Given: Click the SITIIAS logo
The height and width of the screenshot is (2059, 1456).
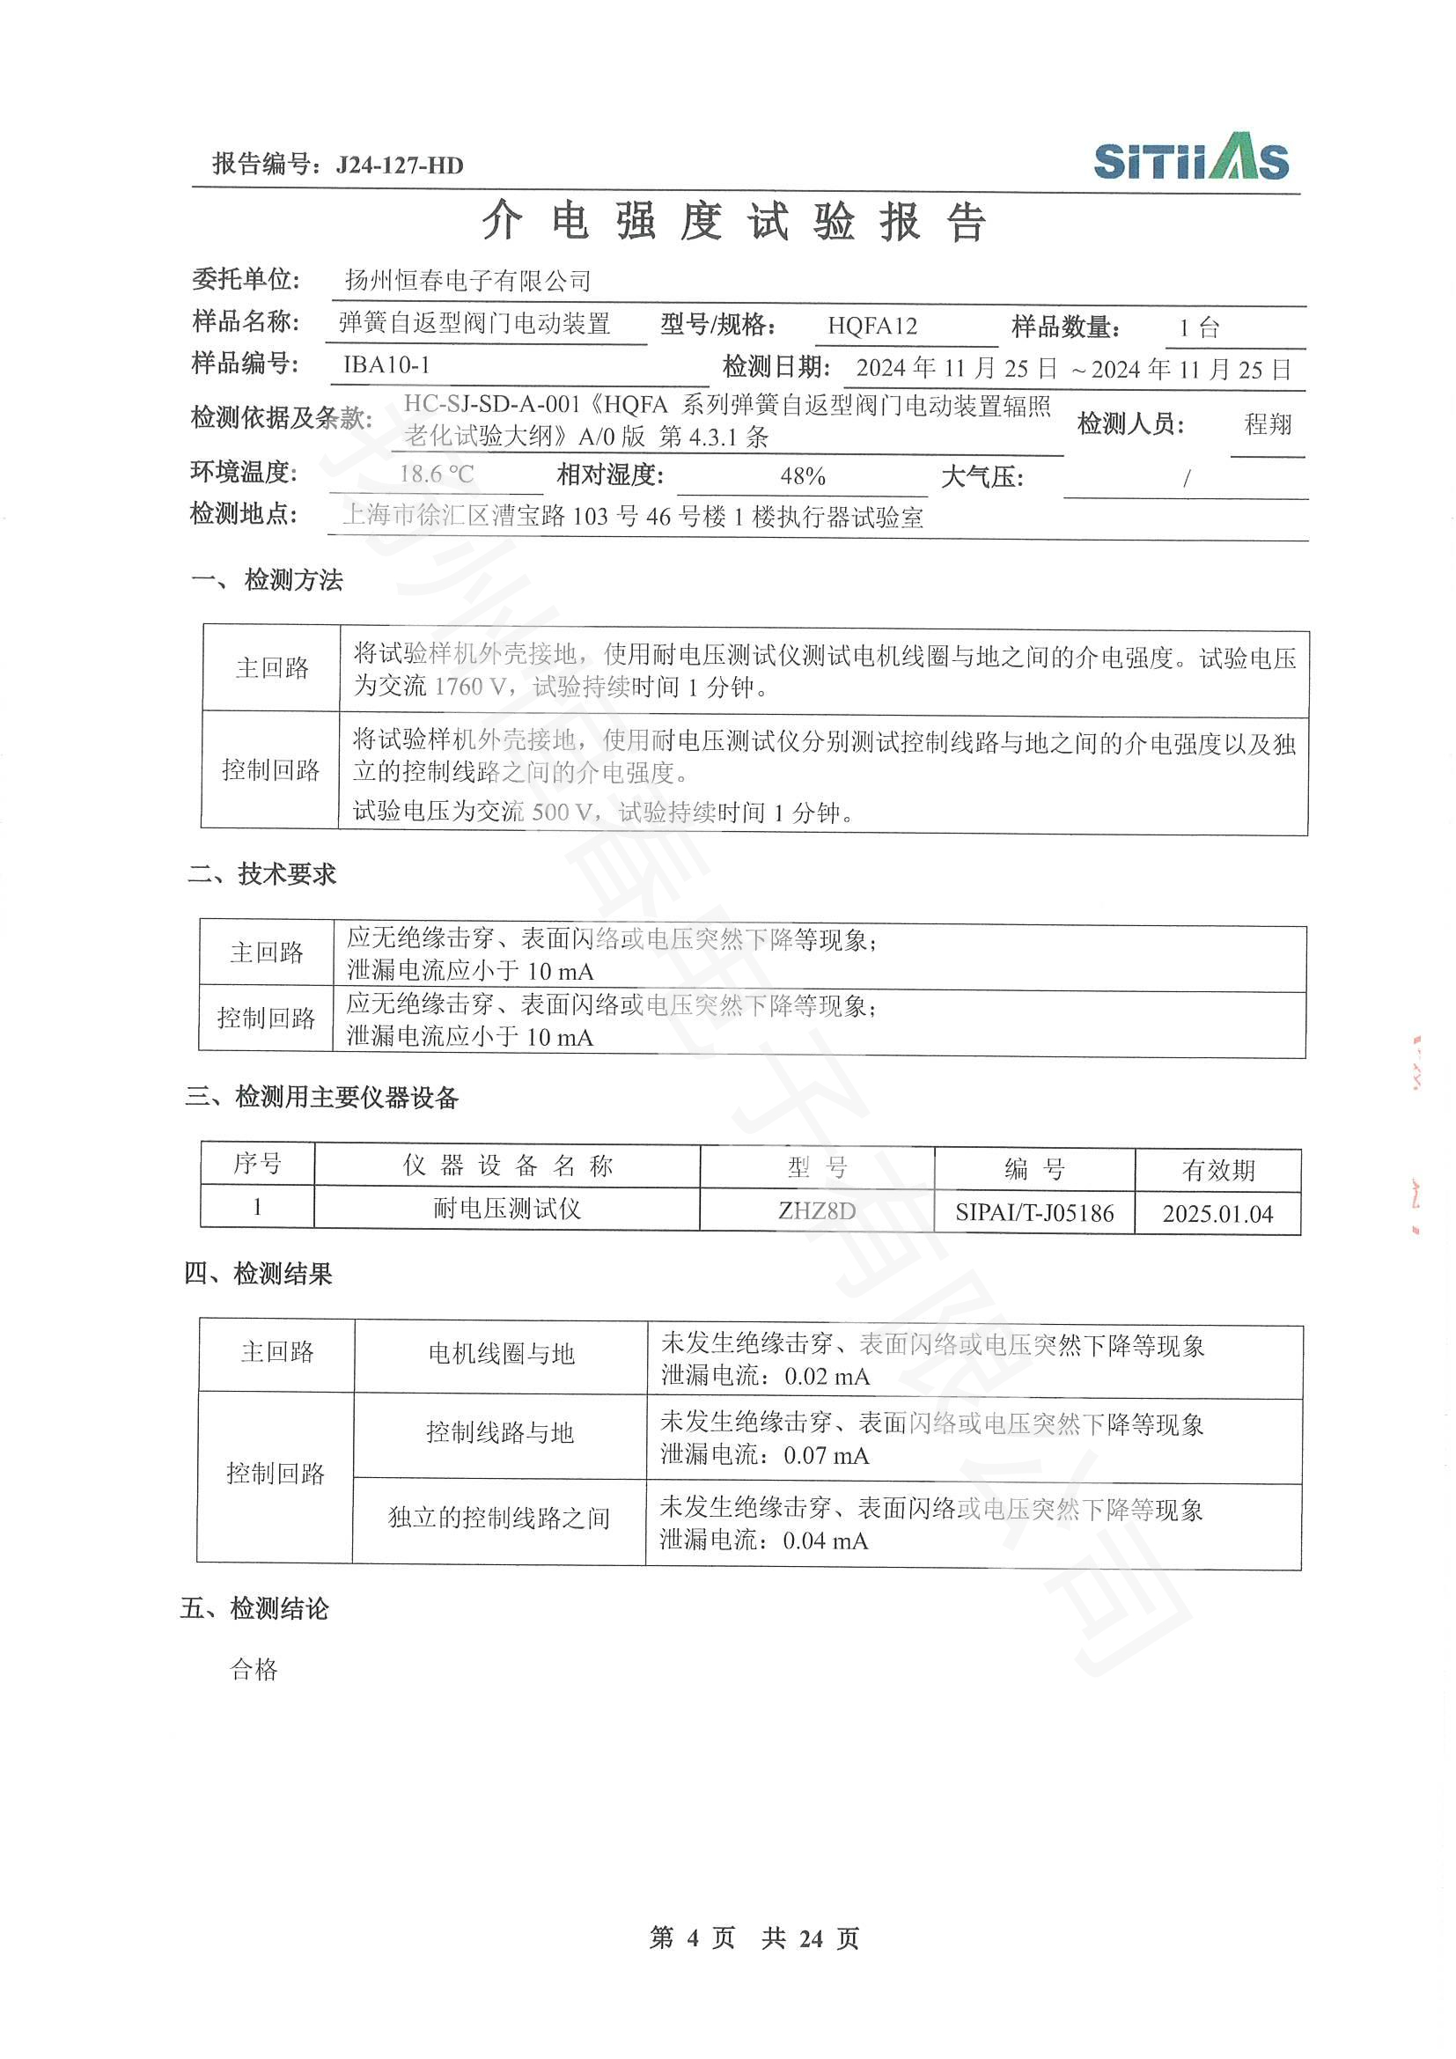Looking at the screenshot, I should (x=1191, y=158).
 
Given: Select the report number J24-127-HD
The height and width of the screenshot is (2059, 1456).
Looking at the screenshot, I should (x=399, y=165).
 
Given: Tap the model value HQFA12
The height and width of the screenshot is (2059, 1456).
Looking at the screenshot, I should (x=871, y=326).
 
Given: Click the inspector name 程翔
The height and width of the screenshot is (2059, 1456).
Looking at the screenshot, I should (x=1268, y=424).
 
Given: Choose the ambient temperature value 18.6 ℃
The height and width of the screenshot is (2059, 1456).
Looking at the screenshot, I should (x=437, y=474).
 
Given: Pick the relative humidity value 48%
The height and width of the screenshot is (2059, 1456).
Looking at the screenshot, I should (x=803, y=475).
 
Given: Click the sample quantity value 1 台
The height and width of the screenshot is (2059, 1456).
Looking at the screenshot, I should (x=1199, y=327).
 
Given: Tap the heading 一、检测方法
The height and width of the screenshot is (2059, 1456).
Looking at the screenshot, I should (x=268, y=580).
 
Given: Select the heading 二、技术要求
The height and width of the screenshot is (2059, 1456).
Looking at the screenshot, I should (x=261, y=873).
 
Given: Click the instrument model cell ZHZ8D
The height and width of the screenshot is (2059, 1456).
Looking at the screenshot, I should (x=816, y=1210).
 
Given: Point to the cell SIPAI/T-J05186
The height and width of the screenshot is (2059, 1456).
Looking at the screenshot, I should (x=1033, y=1213).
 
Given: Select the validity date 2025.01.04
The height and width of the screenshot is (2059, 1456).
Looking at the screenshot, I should (x=1217, y=1214).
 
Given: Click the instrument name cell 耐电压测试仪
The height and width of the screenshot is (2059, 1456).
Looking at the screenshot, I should (x=506, y=1209).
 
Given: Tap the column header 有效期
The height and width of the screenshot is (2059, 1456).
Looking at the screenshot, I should (x=1217, y=1169).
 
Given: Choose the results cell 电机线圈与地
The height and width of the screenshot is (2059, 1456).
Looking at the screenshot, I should (x=501, y=1353).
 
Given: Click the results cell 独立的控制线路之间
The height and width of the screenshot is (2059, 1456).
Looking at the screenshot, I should (x=498, y=1518).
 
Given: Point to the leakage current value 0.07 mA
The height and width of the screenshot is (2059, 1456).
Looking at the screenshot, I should (x=826, y=1454).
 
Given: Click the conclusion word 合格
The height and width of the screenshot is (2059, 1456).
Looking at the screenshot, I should (x=254, y=1669).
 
